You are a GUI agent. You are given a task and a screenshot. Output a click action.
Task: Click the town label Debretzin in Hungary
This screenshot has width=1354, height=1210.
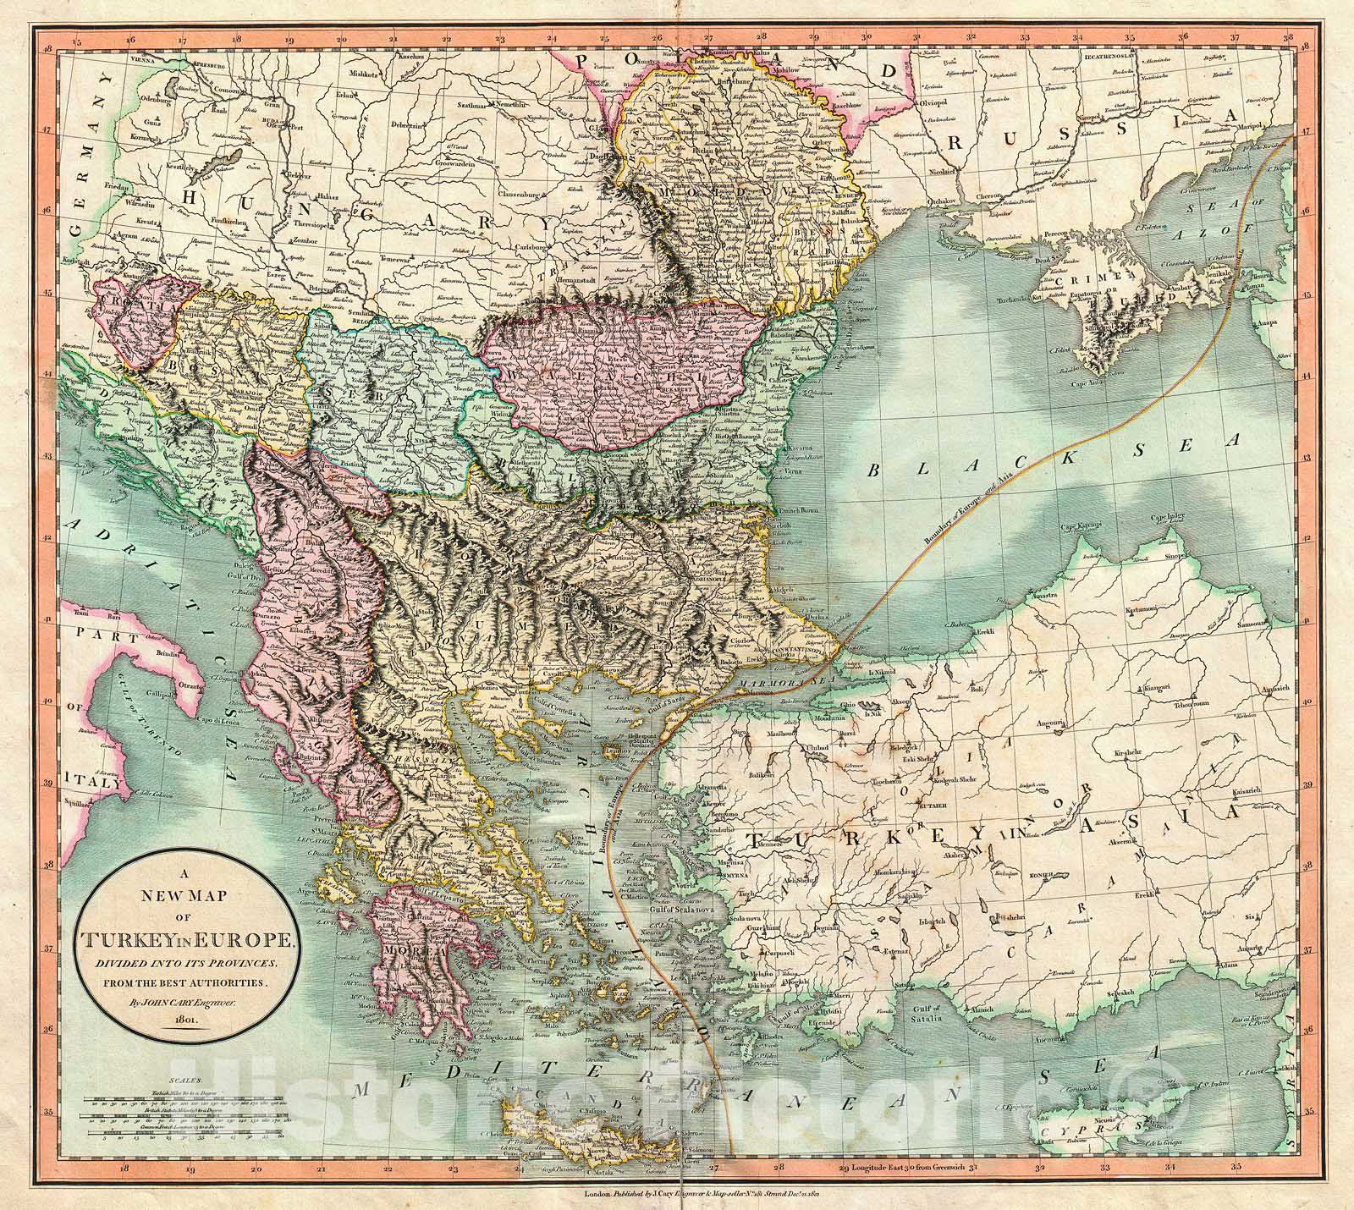coord(405,124)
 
